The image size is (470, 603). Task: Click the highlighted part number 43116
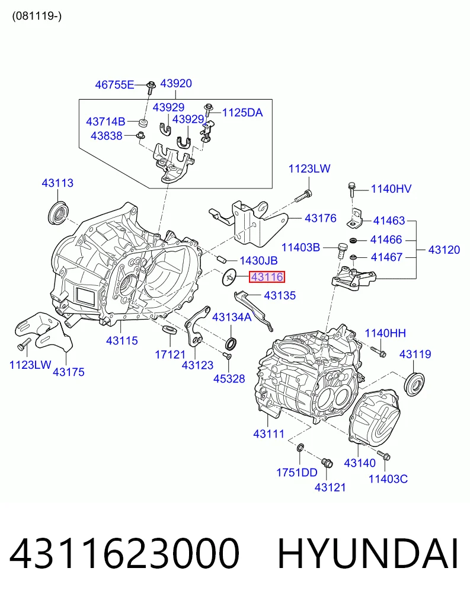click(267, 277)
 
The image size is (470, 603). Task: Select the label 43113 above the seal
click(57, 183)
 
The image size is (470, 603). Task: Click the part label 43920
click(176, 84)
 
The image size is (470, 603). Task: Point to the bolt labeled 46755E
click(151, 88)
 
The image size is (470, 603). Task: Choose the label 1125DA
click(242, 113)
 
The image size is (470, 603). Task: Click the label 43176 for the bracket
click(321, 218)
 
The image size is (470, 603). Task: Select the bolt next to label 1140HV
click(351, 190)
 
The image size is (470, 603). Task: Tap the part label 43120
click(444, 250)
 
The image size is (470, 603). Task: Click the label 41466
click(386, 240)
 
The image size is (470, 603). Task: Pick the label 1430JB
click(258, 261)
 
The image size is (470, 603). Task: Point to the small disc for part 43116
click(229, 277)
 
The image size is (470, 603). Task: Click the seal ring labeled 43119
click(415, 384)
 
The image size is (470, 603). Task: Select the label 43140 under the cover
click(360, 463)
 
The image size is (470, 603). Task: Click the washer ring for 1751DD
click(300, 448)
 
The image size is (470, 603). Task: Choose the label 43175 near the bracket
click(68, 372)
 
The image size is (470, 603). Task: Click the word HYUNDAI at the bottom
click(368, 554)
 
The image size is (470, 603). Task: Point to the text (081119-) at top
click(37, 16)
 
